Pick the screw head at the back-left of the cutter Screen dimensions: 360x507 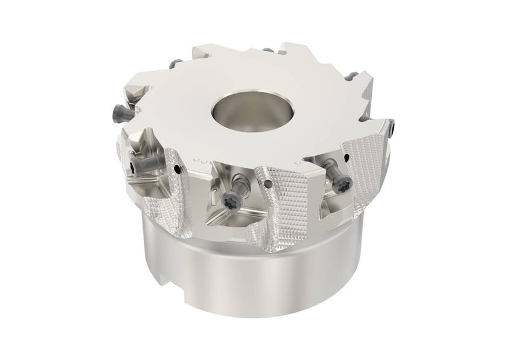[175, 63]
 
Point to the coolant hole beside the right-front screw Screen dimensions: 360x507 [348, 157]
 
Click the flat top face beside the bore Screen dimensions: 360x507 [181, 109]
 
